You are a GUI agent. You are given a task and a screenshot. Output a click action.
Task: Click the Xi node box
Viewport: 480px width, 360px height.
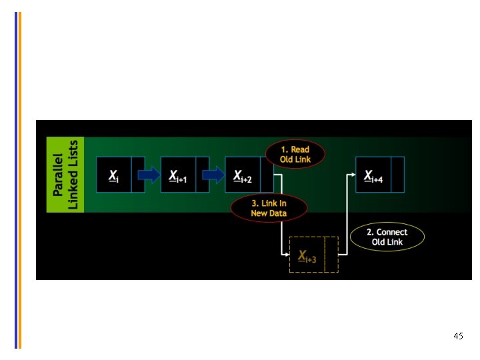coord(115,175)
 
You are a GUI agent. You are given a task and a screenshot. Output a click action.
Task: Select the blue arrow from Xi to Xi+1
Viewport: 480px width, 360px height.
coord(149,175)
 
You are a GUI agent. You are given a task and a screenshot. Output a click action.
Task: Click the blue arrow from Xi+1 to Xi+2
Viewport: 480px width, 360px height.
coord(213,175)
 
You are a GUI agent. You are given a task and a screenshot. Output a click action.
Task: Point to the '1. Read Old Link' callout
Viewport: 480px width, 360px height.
coord(295,155)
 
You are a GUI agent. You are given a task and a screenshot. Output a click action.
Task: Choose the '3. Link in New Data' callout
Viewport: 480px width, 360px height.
coord(269,208)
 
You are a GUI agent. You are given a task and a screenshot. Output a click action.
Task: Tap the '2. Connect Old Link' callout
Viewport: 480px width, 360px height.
coord(387,237)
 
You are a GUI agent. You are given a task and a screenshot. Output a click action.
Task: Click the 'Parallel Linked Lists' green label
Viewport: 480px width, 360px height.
coord(65,175)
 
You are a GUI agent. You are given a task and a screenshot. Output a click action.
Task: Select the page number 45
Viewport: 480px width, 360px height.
coord(458,336)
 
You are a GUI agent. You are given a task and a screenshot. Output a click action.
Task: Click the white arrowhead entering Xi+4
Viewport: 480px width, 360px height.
coord(352,175)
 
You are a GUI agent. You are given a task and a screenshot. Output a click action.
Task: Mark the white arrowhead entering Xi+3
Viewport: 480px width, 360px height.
coord(285,255)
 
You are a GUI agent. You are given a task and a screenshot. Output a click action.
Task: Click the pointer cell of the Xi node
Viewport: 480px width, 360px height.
coord(138,175)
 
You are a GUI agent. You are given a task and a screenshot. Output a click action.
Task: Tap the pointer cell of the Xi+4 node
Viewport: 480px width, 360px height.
coord(397,175)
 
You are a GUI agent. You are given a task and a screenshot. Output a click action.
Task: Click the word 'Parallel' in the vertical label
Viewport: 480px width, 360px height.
coord(59,175)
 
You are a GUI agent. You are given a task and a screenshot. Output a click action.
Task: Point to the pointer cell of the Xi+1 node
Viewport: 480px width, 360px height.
coord(203,175)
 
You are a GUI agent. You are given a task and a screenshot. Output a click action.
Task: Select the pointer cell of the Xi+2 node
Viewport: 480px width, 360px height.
coord(267,175)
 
